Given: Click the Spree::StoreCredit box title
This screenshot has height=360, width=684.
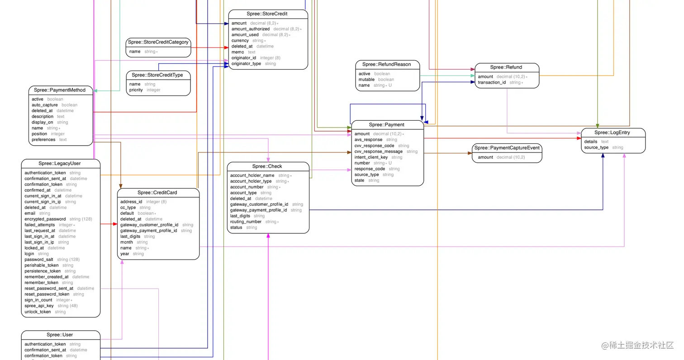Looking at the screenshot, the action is pyautogui.click(x=267, y=14).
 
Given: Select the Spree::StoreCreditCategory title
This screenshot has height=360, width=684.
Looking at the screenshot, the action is pyautogui.click(x=158, y=42).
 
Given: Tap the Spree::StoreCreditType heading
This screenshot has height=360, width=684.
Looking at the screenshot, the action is pyautogui.click(x=157, y=75).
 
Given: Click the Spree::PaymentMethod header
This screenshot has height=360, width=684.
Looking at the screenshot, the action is pyautogui.click(x=60, y=90).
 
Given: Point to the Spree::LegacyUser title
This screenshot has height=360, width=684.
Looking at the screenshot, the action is pyautogui.click(x=60, y=163).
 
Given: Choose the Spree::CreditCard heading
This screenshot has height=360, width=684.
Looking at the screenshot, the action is pyautogui.click(x=157, y=193).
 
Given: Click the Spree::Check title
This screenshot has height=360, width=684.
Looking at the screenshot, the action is pyautogui.click(x=267, y=166).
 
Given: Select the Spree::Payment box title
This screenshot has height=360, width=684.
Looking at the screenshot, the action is pyautogui.click(x=387, y=124).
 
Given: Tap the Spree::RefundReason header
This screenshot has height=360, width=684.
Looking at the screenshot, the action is pyautogui.click(x=387, y=64).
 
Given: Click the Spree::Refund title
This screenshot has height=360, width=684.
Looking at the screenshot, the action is pyautogui.click(x=506, y=67).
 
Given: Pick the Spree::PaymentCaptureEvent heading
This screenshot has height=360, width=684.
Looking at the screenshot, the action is pyautogui.click(x=507, y=148).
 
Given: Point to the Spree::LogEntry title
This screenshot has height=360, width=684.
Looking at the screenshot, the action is pyautogui.click(x=612, y=133).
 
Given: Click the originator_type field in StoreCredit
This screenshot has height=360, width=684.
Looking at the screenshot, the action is pyautogui.click(x=246, y=64).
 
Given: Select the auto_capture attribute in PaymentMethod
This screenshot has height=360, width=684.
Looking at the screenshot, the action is pyautogui.click(x=45, y=105).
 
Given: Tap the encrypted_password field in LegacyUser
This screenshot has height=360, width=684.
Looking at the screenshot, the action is pyautogui.click(x=45, y=219).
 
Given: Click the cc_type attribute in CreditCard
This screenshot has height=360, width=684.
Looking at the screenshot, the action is pyautogui.click(x=128, y=208).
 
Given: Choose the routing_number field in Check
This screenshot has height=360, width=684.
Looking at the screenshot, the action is pyautogui.click(x=246, y=222).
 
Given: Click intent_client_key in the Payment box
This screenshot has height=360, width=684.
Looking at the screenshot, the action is pyautogui.click(x=371, y=157).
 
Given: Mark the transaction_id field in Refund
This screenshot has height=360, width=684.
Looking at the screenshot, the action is pyautogui.click(x=492, y=82).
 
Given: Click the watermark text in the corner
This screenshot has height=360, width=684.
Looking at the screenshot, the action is pyautogui.click(x=637, y=346).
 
